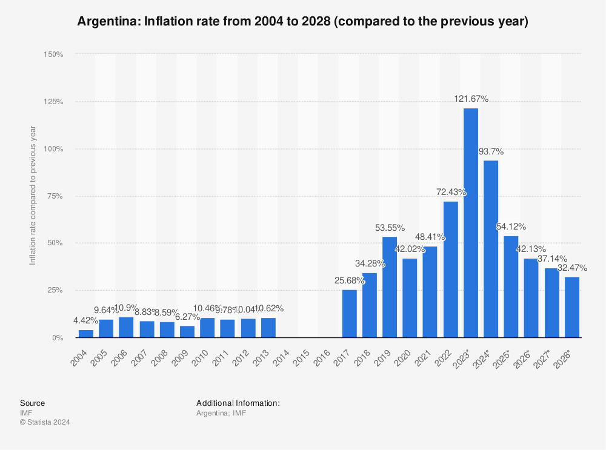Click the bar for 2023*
tap(471, 223)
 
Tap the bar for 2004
tap(86, 333)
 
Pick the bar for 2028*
tap(572, 307)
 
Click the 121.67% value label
tap(471, 99)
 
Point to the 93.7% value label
tap(491, 151)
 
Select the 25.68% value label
tap(349, 280)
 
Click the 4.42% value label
tap(86, 320)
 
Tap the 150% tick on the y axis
tap(53, 55)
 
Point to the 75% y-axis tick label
tap(55, 196)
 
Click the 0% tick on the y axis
tap(57, 337)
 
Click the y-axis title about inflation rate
tap(33, 196)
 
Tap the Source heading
tap(32, 403)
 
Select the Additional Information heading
tap(238, 403)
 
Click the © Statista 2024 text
tap(45, 422)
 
